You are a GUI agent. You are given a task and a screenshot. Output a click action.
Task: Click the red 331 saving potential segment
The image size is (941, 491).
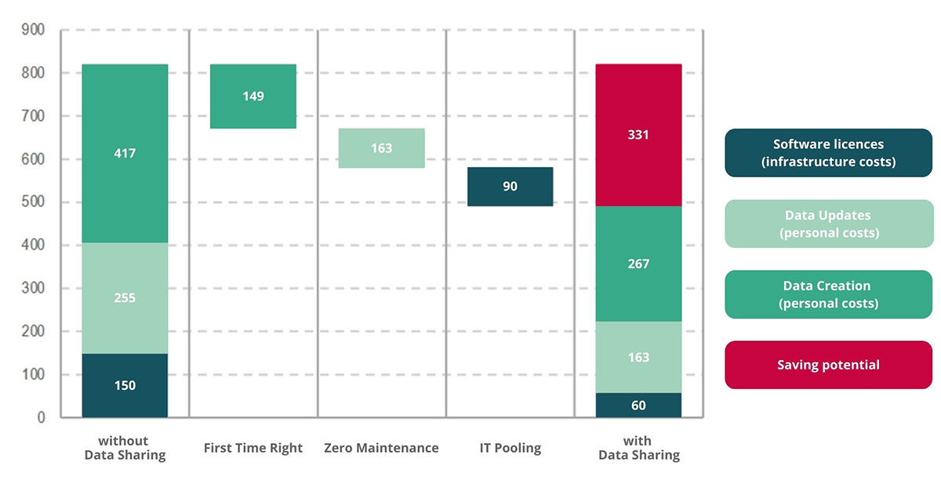coord(638,135)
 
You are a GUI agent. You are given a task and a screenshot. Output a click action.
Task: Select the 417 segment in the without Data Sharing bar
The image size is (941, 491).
coord(125,154)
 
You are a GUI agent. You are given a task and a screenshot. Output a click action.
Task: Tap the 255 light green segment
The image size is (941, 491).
coord(125,298)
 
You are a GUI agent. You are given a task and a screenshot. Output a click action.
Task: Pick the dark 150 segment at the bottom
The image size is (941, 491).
coord(125,385)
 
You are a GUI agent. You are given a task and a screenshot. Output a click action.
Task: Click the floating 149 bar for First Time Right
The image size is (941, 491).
coord(253,96)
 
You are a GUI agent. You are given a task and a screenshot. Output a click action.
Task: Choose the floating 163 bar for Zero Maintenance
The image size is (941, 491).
coord(381,148)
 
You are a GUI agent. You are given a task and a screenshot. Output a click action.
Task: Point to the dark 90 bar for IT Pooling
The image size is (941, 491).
coord(510,187)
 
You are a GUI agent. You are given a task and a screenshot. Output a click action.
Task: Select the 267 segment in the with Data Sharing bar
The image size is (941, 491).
coord(638,264)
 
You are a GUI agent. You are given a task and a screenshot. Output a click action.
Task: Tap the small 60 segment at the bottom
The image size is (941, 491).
coord(638,406)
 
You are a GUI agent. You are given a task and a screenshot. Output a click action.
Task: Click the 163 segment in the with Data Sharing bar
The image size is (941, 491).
coord(638,357)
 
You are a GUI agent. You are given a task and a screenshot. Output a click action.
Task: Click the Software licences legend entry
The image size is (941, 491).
coord(828,153)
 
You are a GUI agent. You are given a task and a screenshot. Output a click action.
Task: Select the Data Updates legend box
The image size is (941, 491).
coord(828,224)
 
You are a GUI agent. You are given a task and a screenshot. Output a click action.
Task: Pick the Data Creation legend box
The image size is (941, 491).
coord(828,294)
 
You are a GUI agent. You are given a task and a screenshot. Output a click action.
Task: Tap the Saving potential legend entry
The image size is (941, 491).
coord(828,365)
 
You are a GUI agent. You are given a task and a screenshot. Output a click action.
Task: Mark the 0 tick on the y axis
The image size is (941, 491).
coord(41,418)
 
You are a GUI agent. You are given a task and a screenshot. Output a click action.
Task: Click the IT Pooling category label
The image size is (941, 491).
coord(510,449)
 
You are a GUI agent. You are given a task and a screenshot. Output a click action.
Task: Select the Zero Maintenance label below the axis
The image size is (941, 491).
coord(381,449)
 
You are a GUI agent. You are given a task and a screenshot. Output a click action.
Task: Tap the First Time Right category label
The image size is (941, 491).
coord(253,449)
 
